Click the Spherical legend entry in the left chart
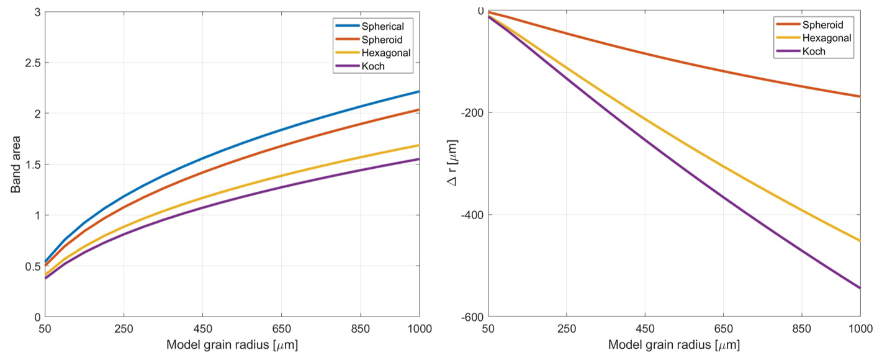(x=383, y=27)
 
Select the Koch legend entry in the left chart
(x=373, y=66)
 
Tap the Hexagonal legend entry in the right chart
(x=826, y=38)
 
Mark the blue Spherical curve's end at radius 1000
(x=420, y=91)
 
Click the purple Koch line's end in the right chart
(x=860, y=288)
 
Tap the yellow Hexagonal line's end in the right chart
(x=860, y=241)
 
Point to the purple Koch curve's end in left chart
(x=420, y=159)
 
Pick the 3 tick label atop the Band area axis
(x=37, y=12)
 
